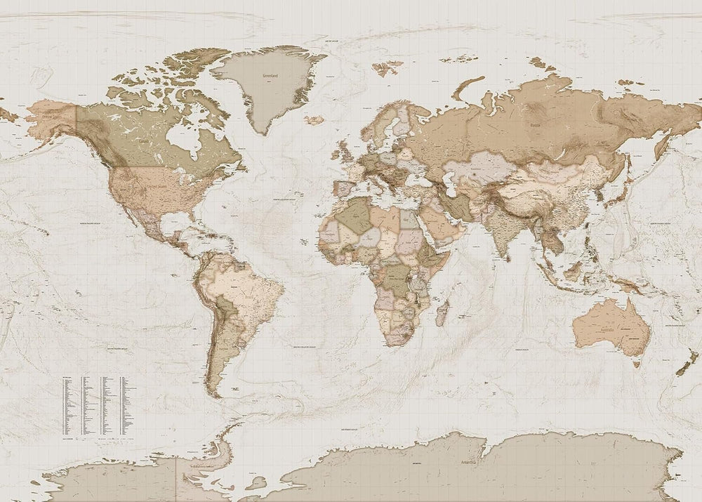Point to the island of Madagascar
(x=442, y=312)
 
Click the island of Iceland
(x=314, y=120)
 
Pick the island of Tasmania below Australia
(x=637, y=363)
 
